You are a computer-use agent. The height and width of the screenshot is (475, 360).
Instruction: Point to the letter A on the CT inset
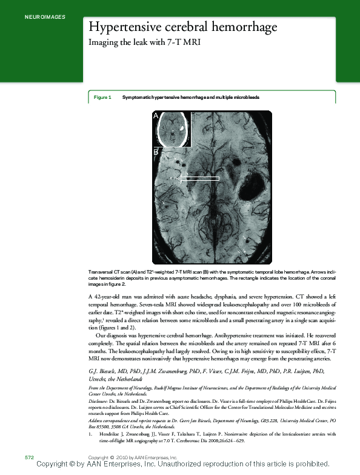click(x=156, y=115)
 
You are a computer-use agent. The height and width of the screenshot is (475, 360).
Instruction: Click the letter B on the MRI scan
click(x=155, y=153)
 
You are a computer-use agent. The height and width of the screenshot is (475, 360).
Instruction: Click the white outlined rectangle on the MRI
click(x=200, y=178)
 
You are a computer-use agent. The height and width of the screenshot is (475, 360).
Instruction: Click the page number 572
click(x=28, y=456)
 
